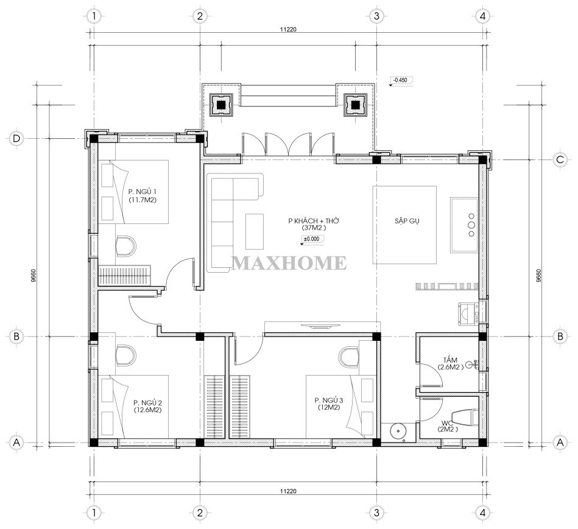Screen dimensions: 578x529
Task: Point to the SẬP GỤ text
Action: [407, 221]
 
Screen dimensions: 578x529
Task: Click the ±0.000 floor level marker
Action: [312, 239]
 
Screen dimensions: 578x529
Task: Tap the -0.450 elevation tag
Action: [401, 80]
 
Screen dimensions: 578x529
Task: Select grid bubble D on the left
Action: [16, 139]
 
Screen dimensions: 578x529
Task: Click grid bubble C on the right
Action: [560, 159]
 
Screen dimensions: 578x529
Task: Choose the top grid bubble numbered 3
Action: [376, 16]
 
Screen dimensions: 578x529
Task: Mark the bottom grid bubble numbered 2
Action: [200, 513]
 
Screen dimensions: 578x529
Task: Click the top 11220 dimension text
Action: [288, 29]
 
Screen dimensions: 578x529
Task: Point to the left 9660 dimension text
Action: [33, 275]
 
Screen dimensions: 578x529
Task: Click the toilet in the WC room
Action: [465, 418]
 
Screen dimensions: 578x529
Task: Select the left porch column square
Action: [221, 105]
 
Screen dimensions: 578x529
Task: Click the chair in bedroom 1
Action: [125, 246]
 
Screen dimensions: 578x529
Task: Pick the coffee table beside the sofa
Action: [255, 232]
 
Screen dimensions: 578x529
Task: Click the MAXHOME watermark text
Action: [289, 262]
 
